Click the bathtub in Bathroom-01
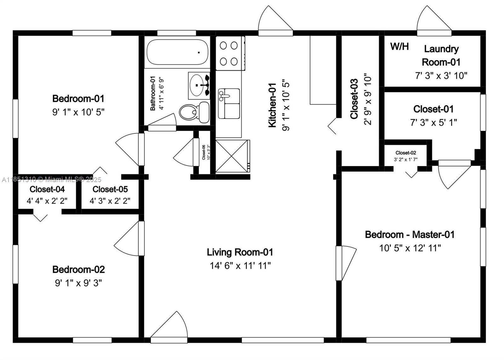pos(177,52)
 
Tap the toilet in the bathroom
pos(194,112)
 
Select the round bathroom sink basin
pos(197,85)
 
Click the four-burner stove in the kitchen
pos(229,53)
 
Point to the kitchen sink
pos(229,104)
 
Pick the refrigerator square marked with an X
pos(232,156)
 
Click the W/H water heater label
pos(399,47)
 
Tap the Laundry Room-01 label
pos(441,55)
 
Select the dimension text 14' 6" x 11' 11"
pos(240,266)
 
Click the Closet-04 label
pos(47,189)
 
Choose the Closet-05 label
pos(110,189)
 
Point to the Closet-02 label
pos(406,153)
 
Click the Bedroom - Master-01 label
pos(410,235)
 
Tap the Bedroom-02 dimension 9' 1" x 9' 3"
pos(78,283)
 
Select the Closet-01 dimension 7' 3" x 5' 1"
pos(433,123)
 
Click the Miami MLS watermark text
pos(52,180)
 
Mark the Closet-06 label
pos(203,152)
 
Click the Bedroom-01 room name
pos(78,99)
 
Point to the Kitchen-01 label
pos(272,105)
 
